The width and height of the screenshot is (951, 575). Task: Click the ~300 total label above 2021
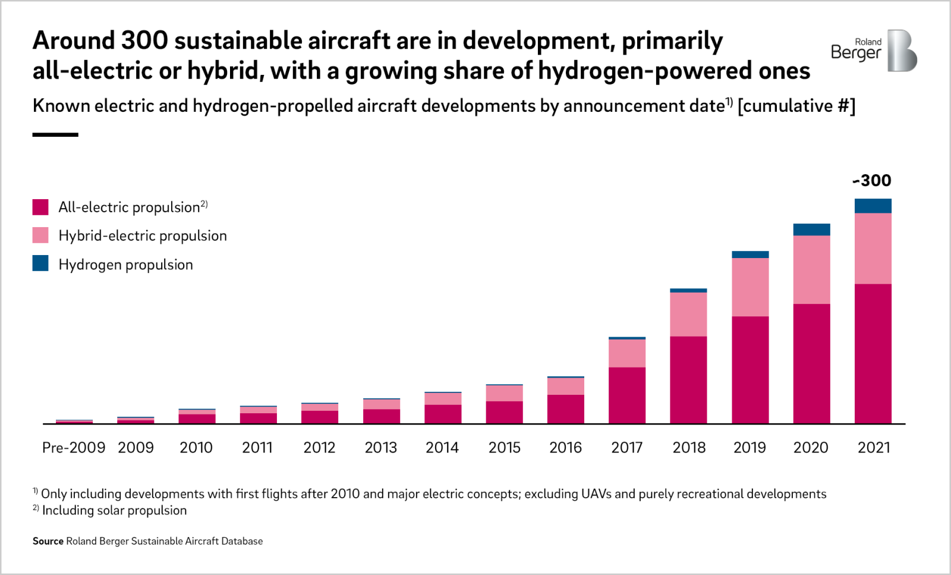click(872, 181)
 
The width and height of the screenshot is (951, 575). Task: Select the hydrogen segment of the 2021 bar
click(873, 206)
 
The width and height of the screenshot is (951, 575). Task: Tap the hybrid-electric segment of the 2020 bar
click(811, 269)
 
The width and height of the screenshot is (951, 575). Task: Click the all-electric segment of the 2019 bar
click(750, 369)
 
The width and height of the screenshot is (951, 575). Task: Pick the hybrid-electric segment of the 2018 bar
click(688, 314)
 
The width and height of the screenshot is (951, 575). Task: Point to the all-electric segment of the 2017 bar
click(626, 395)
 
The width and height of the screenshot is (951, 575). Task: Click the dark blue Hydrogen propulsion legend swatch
click(40, 263)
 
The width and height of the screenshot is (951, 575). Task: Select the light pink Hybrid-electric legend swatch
click(40, 235)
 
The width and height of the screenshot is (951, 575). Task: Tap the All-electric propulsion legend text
click(129, 208)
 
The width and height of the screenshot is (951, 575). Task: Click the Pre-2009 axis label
click(73, 447)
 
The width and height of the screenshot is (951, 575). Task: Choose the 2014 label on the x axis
click(442, 447)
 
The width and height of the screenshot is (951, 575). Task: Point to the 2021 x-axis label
click(873, 447)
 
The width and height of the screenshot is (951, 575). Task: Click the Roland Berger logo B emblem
click(902, 51)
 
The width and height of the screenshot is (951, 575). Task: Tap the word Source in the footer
click(48, 541)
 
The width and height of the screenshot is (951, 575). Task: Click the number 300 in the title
click(144, 40)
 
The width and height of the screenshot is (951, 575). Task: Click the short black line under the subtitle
click(55, 135)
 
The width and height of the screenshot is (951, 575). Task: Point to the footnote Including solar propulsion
click(114, 510)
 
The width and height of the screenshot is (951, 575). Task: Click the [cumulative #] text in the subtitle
click(796, 106)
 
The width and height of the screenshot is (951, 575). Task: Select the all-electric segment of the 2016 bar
click(565, 409)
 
